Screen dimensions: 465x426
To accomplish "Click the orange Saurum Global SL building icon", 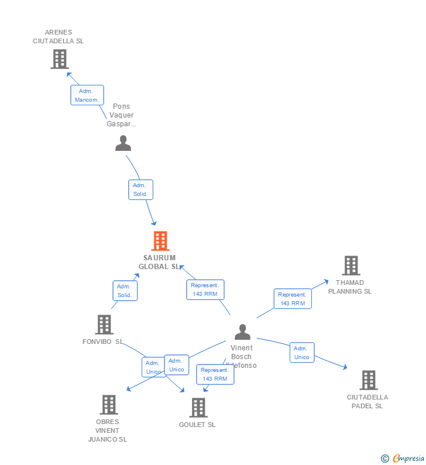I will pyautogui.click(x=160, y=241).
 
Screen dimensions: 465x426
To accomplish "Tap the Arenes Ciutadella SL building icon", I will pyautogui.click(x=60, y=59).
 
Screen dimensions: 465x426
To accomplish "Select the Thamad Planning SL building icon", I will pyautogui.click(x=351, y=266).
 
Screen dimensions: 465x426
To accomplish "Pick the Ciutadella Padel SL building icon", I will pyautogui.click(x=368, y=380).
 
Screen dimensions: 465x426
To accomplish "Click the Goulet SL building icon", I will pyautogui.click(x=198, y=408).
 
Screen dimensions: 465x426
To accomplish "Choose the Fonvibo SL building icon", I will pyautogui.click(x=104, y=325).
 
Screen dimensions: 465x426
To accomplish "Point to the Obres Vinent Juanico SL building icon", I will pyautogui.click(x=108, y=405).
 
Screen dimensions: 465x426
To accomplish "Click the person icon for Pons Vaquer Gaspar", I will pyautogui.click(x=123, y=143).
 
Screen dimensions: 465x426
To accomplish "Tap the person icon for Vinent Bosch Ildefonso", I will pyautogui.click(x=242, y=332).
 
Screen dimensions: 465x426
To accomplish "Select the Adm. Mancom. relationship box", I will pyautogui.click(x=87, y=95).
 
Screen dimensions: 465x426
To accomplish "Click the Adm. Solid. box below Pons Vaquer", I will pyautogui.click(x=140, y=190).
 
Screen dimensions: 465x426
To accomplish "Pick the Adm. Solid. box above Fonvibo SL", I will pyautogui.click(x=125, y=291).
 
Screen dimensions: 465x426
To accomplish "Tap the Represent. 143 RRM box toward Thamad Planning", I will pyautogui.click(x=293, y=299).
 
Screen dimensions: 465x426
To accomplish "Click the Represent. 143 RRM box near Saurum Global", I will pyautogui.click(x=205, y=290).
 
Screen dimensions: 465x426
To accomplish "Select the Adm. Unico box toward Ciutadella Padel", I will pyautogui.click(x=302, y=353).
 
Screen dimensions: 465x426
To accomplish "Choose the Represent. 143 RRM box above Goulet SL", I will pyautogui.click(x=215, y=374).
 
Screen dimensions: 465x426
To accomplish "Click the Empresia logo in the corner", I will pyautogui.click(x=403, y=459).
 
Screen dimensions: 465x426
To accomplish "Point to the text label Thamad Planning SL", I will pyautogui.click(x=350, y=287).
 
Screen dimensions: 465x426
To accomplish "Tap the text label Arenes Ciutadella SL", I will pyautogui.click(x=58, y=37).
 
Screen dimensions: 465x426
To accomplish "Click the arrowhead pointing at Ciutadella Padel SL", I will pyautogui.click(x=345, y=367).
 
